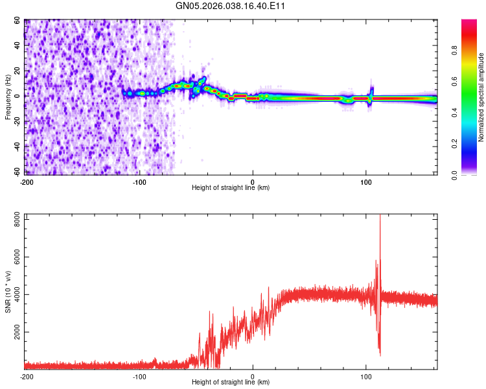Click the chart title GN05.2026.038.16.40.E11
[231, 6]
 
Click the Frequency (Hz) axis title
[8, 97]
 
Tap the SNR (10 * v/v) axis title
[8, 292]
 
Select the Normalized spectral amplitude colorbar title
[481, 97]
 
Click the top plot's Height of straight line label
[231, 187]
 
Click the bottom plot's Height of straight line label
[231, 382]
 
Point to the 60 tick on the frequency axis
[18, 21]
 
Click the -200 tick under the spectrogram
[27, 182]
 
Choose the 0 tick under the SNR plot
[253, 376]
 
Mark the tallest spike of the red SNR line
[380, 217]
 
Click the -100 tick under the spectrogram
[139, 182]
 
